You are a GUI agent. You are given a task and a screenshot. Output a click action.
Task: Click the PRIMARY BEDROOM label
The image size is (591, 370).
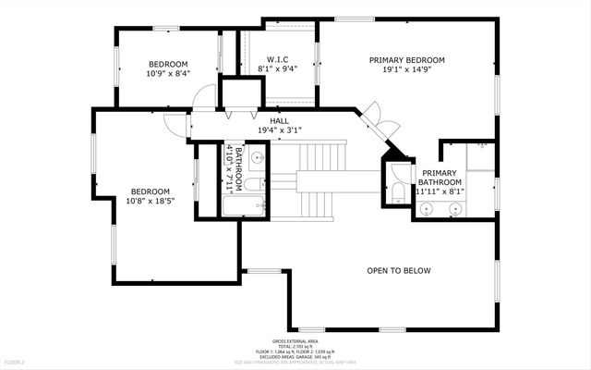[x=406, y=60]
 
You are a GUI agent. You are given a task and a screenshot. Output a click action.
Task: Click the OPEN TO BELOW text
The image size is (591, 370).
[x=399, y=270]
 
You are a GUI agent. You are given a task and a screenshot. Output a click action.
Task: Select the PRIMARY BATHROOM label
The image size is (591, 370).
[x=441, y=179]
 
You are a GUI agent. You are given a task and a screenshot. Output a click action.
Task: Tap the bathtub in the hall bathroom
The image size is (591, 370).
[x=245, y=203]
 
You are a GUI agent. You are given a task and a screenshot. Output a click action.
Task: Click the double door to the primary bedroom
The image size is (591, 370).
[x=373, y=117]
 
